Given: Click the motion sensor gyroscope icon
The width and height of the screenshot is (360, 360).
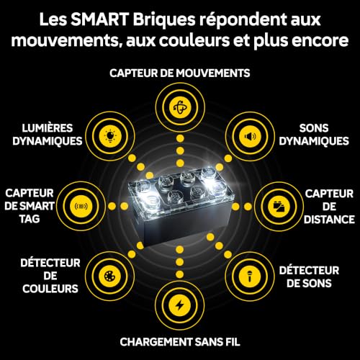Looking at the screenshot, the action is pyautogui.click(x=180, y=107).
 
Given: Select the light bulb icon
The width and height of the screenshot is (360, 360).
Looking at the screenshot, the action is pyautogui.click(x=110, y=137).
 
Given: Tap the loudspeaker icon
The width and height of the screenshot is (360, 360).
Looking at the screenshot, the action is pyautogui.click(x=250, y=137).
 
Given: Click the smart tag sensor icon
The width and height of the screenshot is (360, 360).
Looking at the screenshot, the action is pyautogui.click(x=81, y=206).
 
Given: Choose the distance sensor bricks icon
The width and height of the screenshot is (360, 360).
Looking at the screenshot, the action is pyautogui.click(x=279, y=207).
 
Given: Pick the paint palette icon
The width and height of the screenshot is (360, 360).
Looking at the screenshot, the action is pyautogui.click(x=110, y=276).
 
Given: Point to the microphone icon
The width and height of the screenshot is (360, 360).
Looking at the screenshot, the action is pyautogui.click(x=250, y=276).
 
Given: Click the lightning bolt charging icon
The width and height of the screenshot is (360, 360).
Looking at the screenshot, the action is pyautogui.click(x=180, y=306).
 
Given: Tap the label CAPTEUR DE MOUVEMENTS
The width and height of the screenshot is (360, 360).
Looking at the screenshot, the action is pyautogui.click(x=180, y=73).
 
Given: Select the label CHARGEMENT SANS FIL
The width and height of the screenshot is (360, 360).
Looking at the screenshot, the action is pyautogui.click(x=180, y=342).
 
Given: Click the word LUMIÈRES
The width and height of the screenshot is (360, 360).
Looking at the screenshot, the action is pyautogui.click(x=48, y=128).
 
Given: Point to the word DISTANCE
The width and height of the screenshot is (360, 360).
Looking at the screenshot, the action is pyautogui.click(x=329, y=220).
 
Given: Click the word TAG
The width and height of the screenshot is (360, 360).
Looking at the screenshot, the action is pyautogui.click(x=30, y=219).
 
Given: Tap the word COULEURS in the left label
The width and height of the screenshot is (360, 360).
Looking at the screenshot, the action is pyautogui.click(x=50, y=289).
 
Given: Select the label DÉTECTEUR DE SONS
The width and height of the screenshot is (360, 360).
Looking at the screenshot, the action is pyautogui.click(x=309, y=277).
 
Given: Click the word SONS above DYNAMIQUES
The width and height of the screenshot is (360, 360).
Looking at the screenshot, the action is pyautogui.click(x=314, y=128).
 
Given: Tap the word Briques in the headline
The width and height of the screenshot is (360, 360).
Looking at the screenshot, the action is pyautogui.click(x=164, y=20).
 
